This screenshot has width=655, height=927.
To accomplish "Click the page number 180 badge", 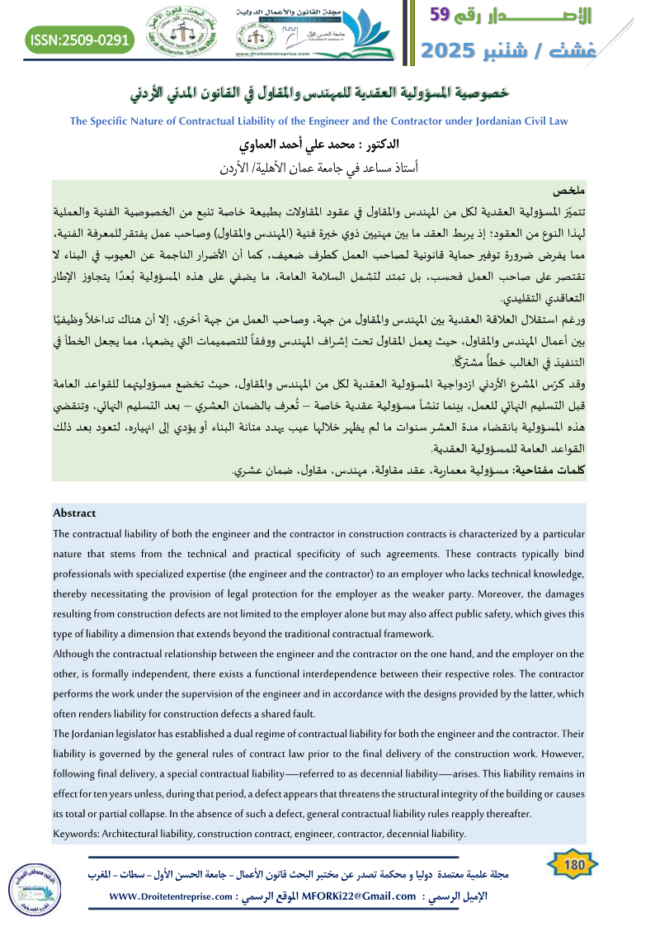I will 572,866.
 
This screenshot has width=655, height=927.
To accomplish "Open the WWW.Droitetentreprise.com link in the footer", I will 168,896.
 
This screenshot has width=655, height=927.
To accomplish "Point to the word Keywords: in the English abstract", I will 75,834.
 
